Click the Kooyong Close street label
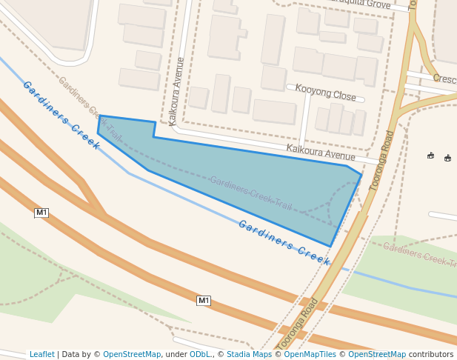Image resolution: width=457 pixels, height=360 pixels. tap(325, 92)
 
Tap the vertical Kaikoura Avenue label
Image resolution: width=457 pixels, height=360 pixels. tap(176, 91)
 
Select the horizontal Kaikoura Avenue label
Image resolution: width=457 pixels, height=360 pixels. tap(321, 153)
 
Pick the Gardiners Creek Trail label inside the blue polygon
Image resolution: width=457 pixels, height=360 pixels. tap(250, 192)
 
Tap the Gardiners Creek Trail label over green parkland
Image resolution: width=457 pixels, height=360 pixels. tap(418, 254)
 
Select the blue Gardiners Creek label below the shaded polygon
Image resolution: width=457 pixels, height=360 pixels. tap(284, 242)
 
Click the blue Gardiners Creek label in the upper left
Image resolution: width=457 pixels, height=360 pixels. tap(61, 115)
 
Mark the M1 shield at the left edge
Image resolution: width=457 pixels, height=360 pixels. tap(41, 213)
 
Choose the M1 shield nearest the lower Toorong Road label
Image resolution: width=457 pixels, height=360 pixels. tap(204, 300)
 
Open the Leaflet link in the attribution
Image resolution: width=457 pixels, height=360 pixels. tap(42, 355)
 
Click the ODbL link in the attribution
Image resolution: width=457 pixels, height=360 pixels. tap(200, 355)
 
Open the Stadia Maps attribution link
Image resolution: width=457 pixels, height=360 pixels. tap(249, 355)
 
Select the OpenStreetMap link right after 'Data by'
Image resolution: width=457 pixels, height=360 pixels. tap(132, 355)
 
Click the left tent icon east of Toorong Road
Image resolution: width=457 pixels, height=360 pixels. tap(430, 156)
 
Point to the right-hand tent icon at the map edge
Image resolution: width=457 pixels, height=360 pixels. tap(447, 158)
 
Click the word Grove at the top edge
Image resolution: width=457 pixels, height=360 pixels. tap(378, 5)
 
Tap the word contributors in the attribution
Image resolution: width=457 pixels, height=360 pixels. tap(431, 355)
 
